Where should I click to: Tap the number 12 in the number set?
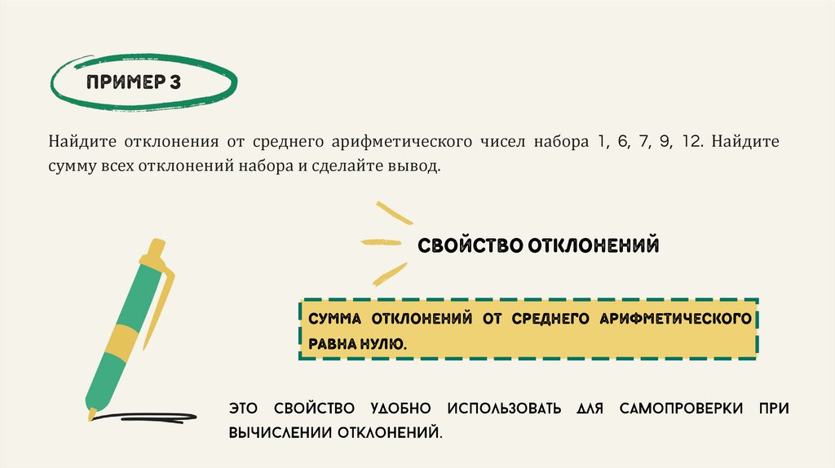click(693, 141)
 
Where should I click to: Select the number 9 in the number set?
click(666, 141)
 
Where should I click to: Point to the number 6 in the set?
click(622, 141)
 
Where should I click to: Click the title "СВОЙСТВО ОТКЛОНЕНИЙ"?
click(538, 245)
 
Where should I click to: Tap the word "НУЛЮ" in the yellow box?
click(384, 345)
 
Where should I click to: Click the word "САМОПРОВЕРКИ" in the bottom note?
click(679, 407)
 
